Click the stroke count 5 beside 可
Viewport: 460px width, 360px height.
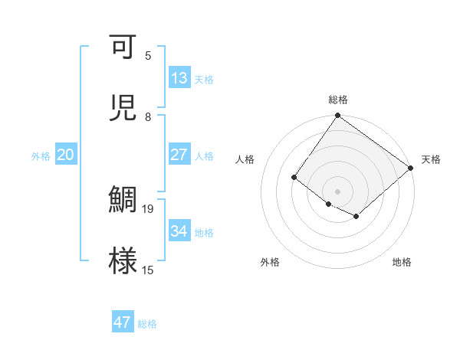tap(148, 56)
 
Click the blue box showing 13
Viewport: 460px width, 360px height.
tap(179, 78)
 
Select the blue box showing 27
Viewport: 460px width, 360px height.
tap(179, 154)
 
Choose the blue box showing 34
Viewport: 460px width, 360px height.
tap(179, 231)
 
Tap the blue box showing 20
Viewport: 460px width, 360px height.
tap(65, 155)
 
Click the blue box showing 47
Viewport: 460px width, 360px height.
tap(122, 322)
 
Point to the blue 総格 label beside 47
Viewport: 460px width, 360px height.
tap(147, 324)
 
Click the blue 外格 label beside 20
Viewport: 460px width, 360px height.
tap(41, 156)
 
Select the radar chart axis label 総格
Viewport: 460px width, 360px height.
tap(338, 100)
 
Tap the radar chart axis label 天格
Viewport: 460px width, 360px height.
tap(431, 159)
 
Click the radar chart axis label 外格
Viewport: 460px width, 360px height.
tap(270, 262)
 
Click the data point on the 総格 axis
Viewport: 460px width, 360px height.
tap(337, 116)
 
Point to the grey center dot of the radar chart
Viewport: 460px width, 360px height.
tap(337, 191)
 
